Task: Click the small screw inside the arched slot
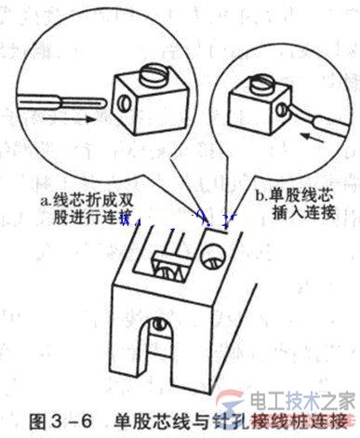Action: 160,325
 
